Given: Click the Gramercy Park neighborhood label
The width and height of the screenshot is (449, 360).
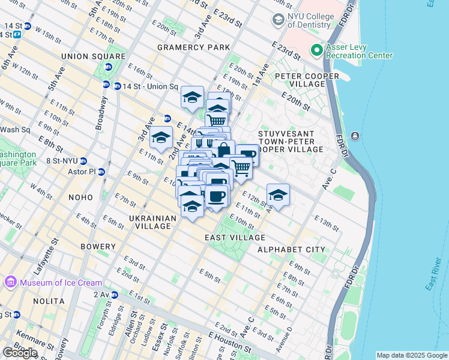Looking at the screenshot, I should (193, 47).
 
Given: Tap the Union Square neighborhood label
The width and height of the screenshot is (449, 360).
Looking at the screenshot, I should (93, 56).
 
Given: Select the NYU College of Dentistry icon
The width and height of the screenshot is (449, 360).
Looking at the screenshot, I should (279, 20).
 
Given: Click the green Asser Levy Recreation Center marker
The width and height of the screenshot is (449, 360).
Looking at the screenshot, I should (316, 50).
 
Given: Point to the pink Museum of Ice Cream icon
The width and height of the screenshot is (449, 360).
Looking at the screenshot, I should (10, 282).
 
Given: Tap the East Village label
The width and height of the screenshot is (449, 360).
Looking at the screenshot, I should (232, 238).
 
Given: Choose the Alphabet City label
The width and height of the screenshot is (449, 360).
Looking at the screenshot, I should (291, 249).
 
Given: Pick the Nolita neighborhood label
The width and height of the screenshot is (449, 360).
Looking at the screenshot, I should (49, 301).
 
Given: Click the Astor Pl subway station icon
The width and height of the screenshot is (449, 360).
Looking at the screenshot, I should (101, 172).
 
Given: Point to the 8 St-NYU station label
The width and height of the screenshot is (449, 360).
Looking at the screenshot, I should (60, 161).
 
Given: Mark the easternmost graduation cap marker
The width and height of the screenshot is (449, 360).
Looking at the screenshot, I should (278, 194).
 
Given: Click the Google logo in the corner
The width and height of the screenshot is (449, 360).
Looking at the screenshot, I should (20, 352).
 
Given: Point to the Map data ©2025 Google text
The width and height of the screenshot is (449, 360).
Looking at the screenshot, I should (411, 355).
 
